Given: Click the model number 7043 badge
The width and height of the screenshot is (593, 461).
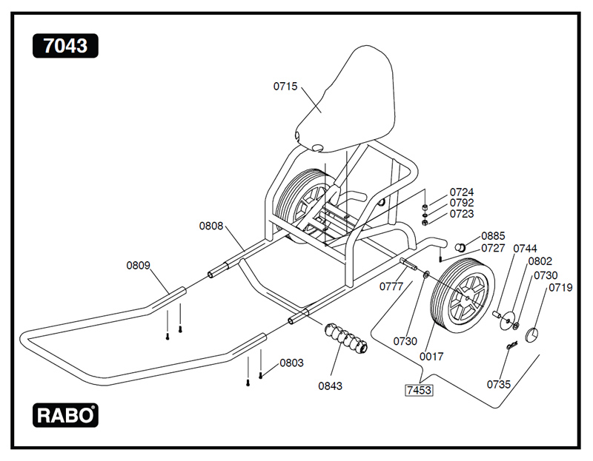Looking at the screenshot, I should [x=65, y=46].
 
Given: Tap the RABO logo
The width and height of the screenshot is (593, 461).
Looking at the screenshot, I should [x=65, y=415].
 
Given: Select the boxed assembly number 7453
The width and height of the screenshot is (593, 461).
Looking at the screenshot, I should [x=418, y=389].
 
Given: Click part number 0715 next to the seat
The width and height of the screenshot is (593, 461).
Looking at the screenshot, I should [x=285, y=87].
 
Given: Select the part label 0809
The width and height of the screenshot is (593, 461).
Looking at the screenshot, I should [x=138, y=264].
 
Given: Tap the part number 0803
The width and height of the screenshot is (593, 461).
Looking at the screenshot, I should [x=291, y=363].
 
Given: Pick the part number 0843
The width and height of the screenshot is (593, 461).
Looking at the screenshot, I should [x=331, y=386].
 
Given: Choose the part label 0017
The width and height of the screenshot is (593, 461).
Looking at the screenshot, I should [x=431, y=357].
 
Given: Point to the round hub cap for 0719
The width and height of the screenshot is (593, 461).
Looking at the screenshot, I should [x=535, y=334].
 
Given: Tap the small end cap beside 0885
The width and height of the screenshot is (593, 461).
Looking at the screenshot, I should [x=459, y=246].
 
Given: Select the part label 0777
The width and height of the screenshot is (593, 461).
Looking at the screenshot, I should [x=392, y=286].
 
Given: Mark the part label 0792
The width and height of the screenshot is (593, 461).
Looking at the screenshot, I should [x=461, y=203].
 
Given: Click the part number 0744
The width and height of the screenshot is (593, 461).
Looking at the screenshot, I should [x=525, y=248].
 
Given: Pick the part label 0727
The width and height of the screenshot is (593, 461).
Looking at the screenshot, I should [x=493, y=248].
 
